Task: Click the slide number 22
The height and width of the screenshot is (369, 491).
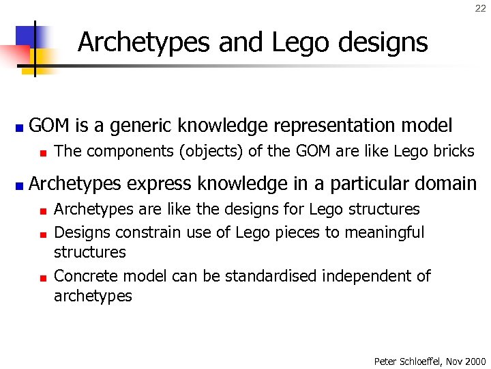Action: [x=480, y=9]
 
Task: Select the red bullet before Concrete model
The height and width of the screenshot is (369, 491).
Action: [x=42, y=278]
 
